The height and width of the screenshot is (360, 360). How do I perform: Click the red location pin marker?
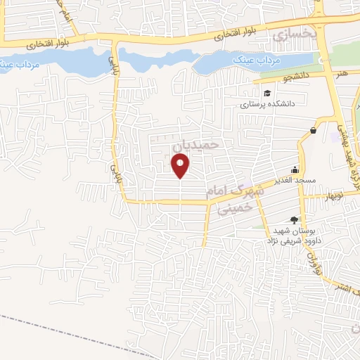pyautogui.click(x=181, y=166)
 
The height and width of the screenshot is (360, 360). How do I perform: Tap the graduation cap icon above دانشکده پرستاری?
pyautogui.click(x=267, y=93)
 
